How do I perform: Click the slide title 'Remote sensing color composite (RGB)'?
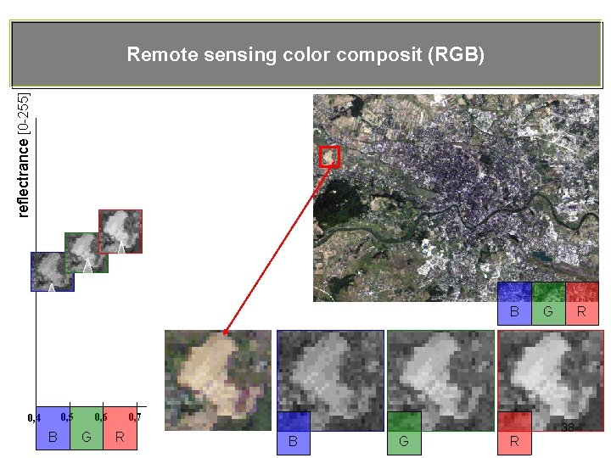coord(305,55)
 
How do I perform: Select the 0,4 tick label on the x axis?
coord(34,418)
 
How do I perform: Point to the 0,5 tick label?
coord(67,416)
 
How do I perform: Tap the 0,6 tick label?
coord(101,416)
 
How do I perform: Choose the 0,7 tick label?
coord(134,416)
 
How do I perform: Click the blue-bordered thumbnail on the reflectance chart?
coord(53,271)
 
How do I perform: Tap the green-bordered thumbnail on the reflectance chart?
coord(87,252)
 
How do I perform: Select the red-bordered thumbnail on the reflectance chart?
coord(121,231)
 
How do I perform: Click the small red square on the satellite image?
coord(329,156)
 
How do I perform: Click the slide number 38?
coord(568,428)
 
